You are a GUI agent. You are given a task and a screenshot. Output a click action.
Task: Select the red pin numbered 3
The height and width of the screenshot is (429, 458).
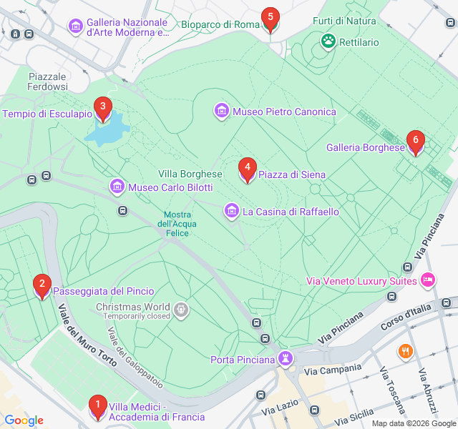(x=103, y=109)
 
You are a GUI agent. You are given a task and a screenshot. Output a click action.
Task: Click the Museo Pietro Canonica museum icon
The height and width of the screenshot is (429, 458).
(x=221, y=112)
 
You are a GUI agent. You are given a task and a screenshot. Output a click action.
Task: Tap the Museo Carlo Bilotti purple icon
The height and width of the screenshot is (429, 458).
(x=117, y=187)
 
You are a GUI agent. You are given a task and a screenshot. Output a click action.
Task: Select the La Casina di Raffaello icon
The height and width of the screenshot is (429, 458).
(x=231, y=212)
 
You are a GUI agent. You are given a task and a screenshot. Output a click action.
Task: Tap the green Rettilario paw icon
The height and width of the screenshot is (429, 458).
(x=328, y=41)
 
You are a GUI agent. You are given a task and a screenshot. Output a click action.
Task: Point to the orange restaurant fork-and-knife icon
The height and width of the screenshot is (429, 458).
(x=405, y=351)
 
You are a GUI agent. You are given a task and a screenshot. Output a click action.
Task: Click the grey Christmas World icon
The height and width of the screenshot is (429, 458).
(x=182, y=310)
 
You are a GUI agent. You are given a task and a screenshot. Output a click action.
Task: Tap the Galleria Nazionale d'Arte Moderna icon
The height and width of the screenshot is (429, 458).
(x=75, y=26)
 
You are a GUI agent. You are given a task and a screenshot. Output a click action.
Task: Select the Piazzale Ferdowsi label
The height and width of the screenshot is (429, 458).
(x=47, y=82)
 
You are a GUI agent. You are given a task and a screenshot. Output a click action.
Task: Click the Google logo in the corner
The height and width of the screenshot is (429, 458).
(x=24, y=420)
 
